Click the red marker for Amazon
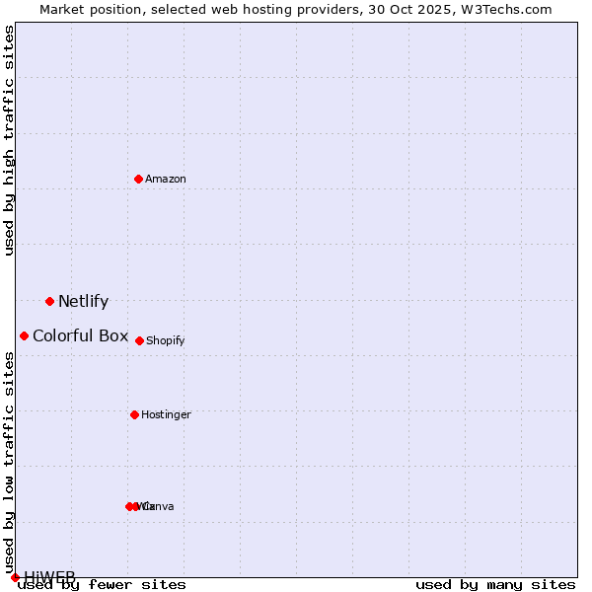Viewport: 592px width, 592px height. (138, 179)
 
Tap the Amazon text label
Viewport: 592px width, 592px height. (166, 179)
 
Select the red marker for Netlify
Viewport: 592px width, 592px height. (49, 301)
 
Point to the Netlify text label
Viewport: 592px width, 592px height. (83, 302)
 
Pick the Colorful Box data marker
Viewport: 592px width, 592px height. (24, 335)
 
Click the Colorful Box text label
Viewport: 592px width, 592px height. (80, 335)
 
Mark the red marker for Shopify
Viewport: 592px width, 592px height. (139, 340)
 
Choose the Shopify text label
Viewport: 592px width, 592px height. (166, 340)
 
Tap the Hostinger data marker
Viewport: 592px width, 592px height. (134, 414)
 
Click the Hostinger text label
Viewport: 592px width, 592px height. (166, 414)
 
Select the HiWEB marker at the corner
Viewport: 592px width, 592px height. (15, 577)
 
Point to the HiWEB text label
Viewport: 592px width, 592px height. (49, 576)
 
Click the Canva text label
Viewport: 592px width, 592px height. (160, 506)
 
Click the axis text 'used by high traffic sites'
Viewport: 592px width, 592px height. (9, 140)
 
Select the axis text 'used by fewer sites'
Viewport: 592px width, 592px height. (102, 584)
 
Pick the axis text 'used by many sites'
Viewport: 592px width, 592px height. (495, 584)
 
